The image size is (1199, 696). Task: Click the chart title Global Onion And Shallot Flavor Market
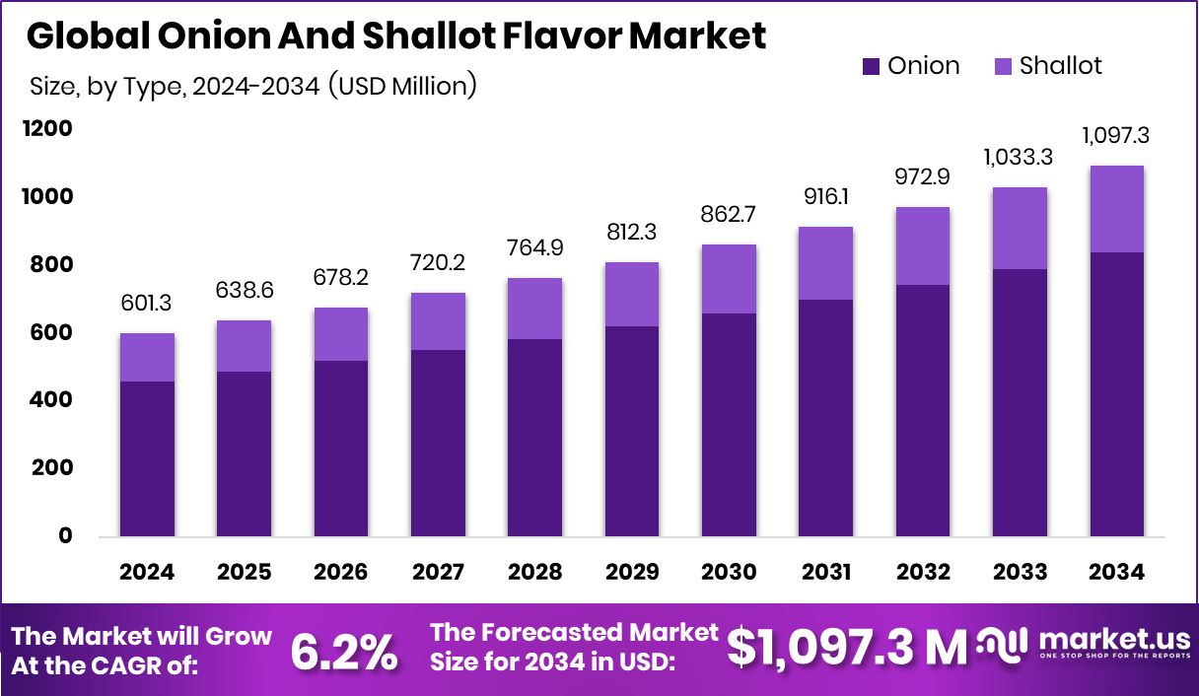(x=395, y=36)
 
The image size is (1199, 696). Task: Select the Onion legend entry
(x=910, y=66)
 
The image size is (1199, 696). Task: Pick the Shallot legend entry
(x=1047, y=66)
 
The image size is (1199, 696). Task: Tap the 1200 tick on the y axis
(x=49, y=129)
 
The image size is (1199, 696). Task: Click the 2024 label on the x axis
(x=147, y=573)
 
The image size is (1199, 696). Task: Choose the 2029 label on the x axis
(x=632, y=573)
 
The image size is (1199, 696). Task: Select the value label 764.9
(x=534, y=247)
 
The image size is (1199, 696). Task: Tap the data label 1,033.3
(x=1020, y=156)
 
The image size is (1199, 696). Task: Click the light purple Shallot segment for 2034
(x=1116, y=209)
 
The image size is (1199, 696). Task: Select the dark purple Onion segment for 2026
(x=341, y=449)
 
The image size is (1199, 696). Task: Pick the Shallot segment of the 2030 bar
(x=729, y=279)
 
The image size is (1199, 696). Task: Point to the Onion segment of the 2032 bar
(x=923, y=411)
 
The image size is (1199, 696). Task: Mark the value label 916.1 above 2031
(x=825, y=198)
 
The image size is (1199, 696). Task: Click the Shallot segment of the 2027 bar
(x=438, y=321)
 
